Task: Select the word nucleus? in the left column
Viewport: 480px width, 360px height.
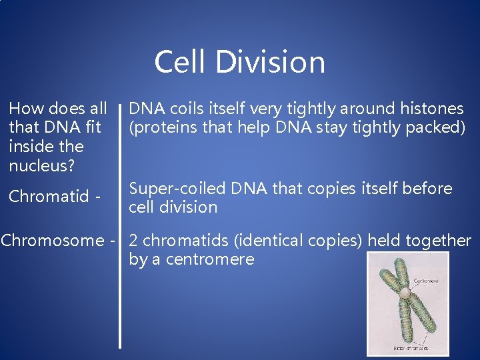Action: tap(41, 165)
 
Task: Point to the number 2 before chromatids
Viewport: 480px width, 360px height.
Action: tap(133, 240)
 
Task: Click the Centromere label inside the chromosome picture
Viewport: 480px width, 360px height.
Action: tap(427, 281)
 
